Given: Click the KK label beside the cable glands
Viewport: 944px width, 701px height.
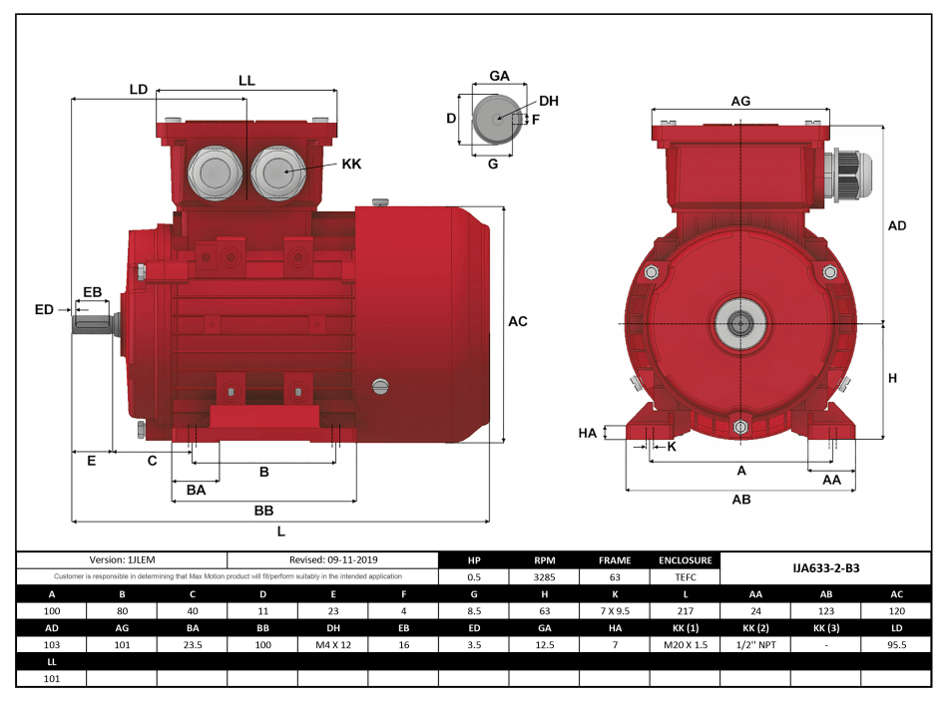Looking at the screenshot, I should (351, 164).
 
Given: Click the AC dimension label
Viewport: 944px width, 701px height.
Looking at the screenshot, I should (517, 321).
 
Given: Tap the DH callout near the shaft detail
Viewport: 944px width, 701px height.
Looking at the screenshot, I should (548, 101).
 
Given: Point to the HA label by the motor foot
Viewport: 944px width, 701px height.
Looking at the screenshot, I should (588, 433).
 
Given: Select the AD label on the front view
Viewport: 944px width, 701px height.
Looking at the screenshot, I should (896, 226).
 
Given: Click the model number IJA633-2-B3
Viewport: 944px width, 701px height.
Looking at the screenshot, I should (825, 567).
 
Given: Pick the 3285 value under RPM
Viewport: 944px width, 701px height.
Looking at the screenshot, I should (544, 576).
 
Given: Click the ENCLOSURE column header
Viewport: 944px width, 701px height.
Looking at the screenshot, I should (685, 560).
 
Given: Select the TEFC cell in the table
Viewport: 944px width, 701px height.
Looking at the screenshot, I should (685, 576).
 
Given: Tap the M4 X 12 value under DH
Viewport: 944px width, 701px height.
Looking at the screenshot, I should (332, 644).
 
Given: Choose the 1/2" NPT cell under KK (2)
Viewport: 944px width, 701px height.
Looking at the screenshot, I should (755, 644).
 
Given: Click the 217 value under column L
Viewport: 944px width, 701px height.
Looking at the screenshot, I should (685, 610).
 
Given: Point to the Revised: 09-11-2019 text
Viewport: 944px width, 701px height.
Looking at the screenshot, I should (333, 560).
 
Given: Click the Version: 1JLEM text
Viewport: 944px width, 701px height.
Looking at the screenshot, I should (123, 560).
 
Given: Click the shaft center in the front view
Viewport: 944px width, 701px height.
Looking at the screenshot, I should (740, 323).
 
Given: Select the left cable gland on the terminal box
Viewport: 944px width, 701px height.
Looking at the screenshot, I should (212, 172).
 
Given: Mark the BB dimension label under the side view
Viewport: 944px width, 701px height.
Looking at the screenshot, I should (263, 510).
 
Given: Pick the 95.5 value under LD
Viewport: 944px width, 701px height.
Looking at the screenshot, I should (896, 644).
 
